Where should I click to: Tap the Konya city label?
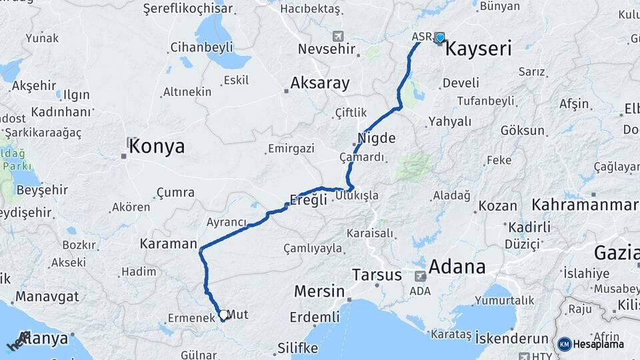(157, 147)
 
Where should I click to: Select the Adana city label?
(457, 267)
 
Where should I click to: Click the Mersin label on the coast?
(319, 291)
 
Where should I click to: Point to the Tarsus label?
(377, 275)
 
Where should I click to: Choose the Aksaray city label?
(319, 83)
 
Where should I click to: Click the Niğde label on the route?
(377, 139)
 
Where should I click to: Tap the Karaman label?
(169, 244)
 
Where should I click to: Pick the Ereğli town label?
(309, 199)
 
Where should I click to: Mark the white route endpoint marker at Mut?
(223, 314)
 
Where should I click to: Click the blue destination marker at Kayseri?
(439, 38)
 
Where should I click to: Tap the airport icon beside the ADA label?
(420, 275)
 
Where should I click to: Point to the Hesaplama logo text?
(600, 344)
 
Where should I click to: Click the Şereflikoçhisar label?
(188, 9)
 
